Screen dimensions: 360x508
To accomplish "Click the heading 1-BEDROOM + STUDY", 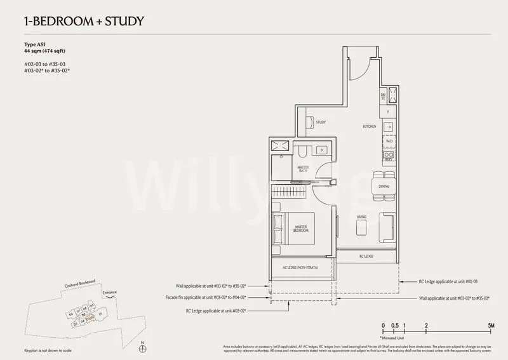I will coord(76,21).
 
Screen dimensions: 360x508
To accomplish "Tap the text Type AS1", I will coord(33,44).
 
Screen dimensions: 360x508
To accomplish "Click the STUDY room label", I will coord(321,122).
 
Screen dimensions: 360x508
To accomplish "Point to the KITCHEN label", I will coord(370,126).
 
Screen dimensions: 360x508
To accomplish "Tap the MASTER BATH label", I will coord(304,170).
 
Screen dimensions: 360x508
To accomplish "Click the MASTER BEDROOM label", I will coord(301,228).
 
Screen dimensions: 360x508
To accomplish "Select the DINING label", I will coord(384,187).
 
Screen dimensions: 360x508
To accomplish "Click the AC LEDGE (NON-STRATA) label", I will coord(302,267).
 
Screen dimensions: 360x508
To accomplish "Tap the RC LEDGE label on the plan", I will coord(366,257).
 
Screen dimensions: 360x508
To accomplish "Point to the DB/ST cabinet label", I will coord(383,97).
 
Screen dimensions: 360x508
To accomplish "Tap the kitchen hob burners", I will coord(387,154).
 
